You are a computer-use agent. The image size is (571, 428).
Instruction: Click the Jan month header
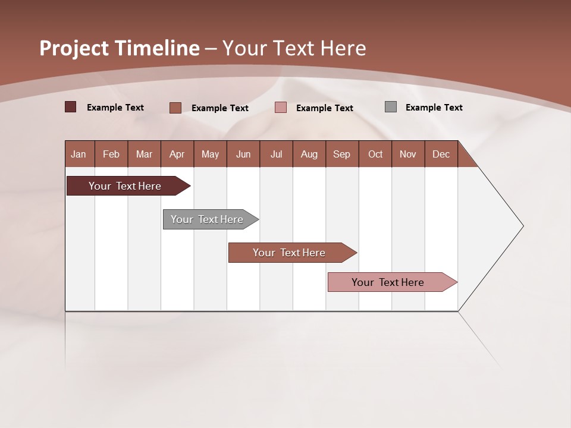79,154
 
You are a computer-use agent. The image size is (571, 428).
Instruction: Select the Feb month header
111,154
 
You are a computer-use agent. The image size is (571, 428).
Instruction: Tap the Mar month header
144,154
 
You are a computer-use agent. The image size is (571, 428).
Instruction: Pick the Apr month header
177,154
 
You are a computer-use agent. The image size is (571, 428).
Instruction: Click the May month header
210,154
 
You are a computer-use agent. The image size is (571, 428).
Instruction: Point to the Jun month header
243,154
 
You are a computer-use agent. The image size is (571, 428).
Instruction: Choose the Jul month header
276,154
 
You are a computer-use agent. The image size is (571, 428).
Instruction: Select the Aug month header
309,154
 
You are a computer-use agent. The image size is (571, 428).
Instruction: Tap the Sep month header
342,154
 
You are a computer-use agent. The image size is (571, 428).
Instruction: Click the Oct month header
375,154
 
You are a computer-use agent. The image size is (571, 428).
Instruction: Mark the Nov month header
408,154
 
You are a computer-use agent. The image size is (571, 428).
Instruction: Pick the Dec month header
441,154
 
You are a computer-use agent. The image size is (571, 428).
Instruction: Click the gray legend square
391,107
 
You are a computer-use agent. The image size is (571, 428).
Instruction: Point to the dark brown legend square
71,107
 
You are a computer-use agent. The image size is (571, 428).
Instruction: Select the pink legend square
281,108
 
